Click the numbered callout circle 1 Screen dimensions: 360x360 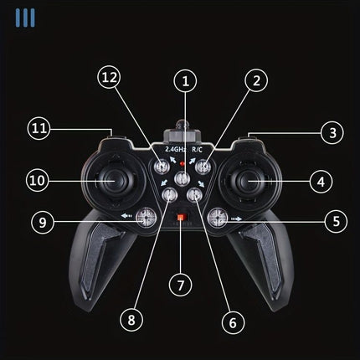[x=185, y=81]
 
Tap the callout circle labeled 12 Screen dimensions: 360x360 [x=109, y=77]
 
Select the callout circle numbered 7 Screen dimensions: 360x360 [x=181, y=285]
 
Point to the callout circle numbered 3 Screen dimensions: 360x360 [x=332, y=132]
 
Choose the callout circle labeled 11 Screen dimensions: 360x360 [x=39, y=128]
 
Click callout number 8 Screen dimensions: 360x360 [x=131, y=320]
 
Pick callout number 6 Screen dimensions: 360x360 [x=233, y=322]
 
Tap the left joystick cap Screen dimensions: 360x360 [x=115, y=181]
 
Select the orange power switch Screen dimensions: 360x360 [x=181, y=217]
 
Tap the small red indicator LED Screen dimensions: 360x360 [x=183, y=163]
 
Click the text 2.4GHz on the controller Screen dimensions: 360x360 [x=175, y=149]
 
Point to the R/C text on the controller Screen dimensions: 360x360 [x=198, y=149]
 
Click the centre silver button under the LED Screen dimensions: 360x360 [x=183, y=178]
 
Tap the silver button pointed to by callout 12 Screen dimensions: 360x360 [x=162, y=167]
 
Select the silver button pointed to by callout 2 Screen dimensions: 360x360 [x=203, y=167]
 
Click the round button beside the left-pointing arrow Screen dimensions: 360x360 [x=147, y=218]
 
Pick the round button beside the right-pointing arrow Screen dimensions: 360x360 [x=218, y=218]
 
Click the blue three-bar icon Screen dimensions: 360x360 [x=25, y=18]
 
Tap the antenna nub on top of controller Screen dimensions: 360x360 [x=182, y=124]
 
